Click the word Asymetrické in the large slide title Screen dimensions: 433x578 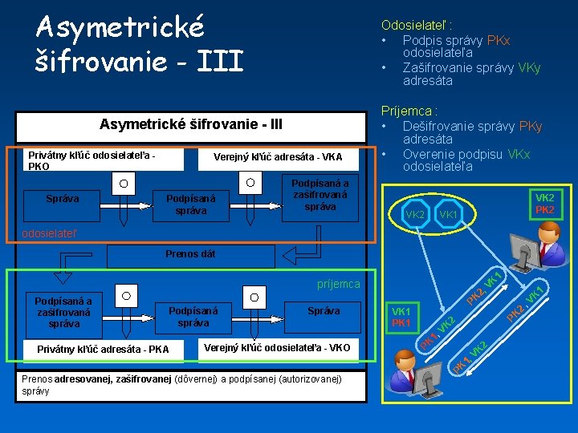click(x=120, y=26)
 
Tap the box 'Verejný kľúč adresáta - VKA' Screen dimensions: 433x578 click(x=277, y=157)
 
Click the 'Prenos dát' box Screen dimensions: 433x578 click(x=190, y=255)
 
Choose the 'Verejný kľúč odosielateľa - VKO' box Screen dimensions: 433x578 click(x=277, y=348)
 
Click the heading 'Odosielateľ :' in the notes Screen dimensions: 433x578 click(x=411, y=26)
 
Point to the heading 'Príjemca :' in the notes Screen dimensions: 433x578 click(x=409, y=111)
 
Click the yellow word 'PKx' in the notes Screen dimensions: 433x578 click(x=499, y=40)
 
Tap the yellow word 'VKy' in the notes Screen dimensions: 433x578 click(x=527, y=67)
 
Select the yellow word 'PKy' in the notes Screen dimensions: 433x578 click(x=531, y=126)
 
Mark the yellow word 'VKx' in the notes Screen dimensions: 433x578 click(x=519, y=154)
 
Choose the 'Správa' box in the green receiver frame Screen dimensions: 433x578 click(x=324, y=310)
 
